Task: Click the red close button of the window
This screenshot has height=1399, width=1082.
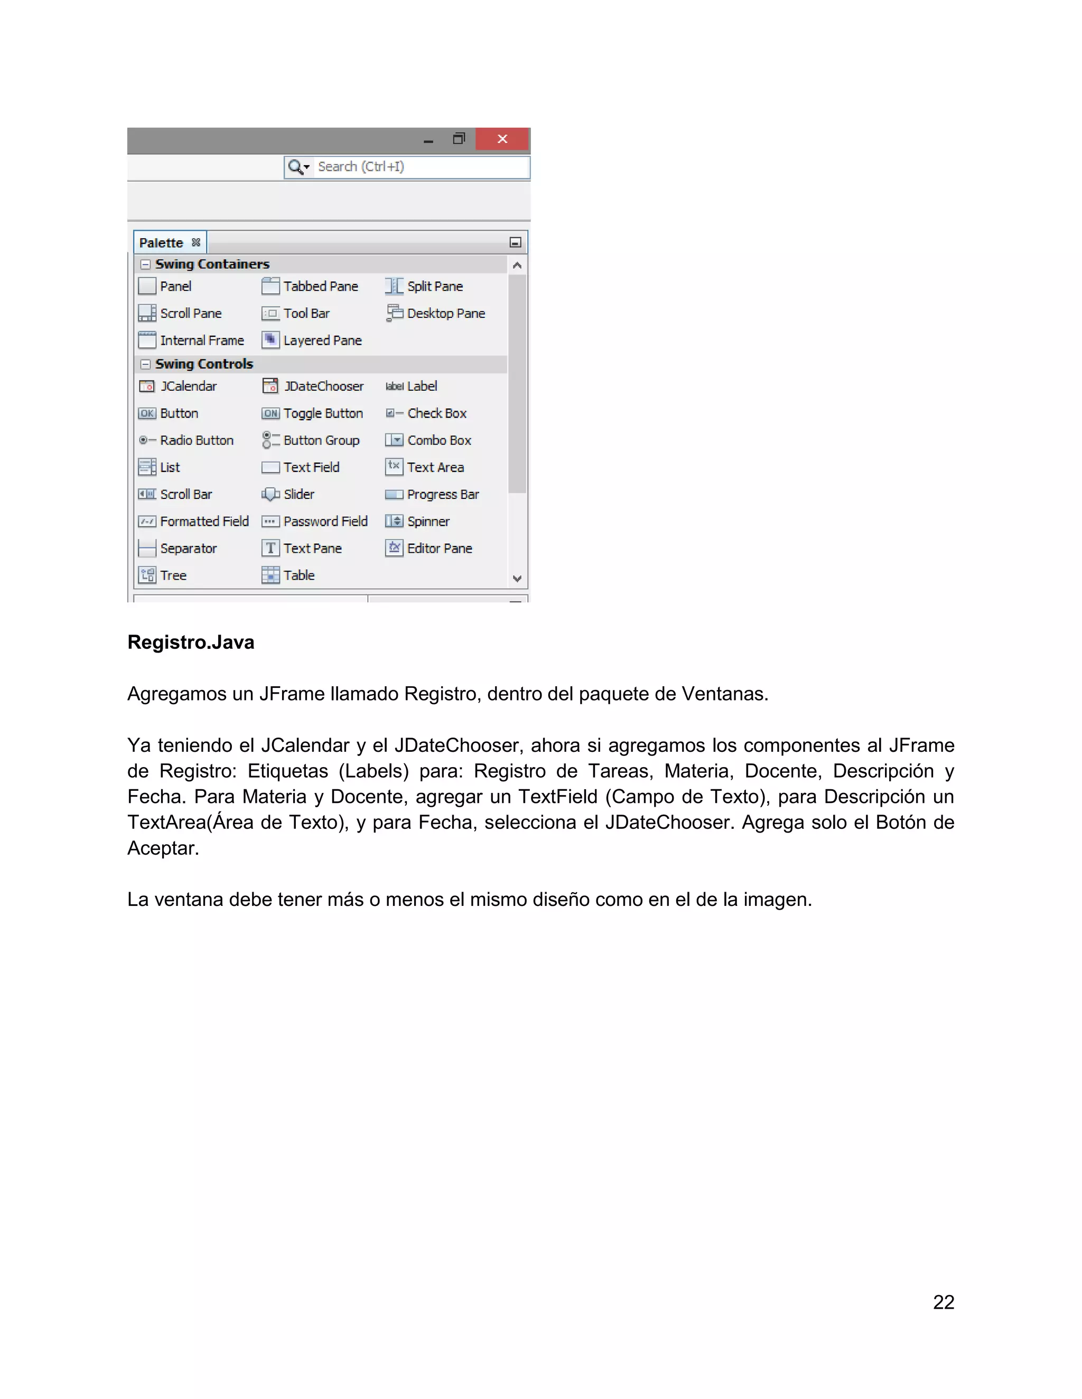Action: pyautogui.click(x=502, y=139)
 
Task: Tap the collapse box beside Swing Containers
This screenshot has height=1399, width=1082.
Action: pyautogui.click(x=145, y=264)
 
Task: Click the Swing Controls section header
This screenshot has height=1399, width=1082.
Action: pyautogui.click(x=204, y=364)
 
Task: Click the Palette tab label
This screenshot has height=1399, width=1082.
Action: pyautogui.click(x=161, y=243)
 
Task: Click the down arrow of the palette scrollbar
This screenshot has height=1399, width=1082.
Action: pyautogui.click(x=517, y=579)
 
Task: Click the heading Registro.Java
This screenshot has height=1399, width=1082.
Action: pyautogui.click(x=191, y=642)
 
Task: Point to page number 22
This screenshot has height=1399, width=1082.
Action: pyautogui.click(x=943, y=1302)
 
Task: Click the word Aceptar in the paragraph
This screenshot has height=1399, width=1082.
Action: pyautogui.click(x=163, y=848)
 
